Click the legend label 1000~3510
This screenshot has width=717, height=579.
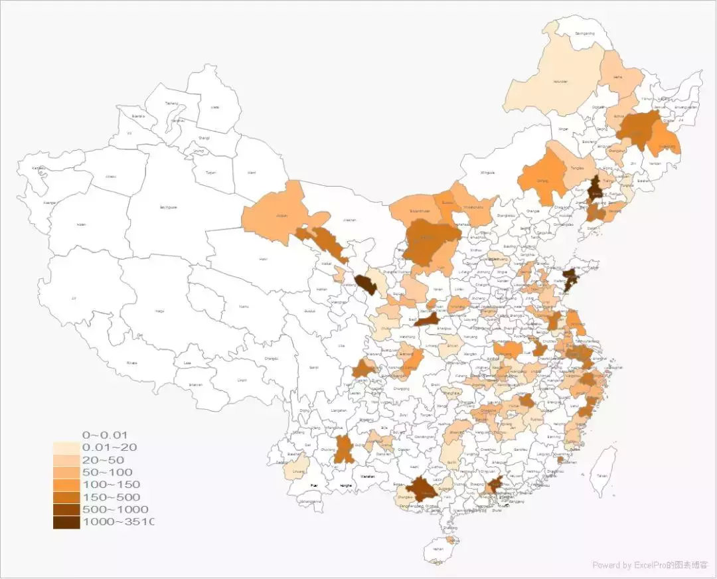pos(117,522)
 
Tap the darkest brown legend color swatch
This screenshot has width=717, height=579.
pos(66,522)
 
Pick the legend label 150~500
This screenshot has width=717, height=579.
pos(113,497)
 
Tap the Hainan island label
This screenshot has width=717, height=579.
pos(438,549)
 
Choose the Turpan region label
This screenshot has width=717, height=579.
pos(210,172)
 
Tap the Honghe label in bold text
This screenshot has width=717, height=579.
pos(345,486)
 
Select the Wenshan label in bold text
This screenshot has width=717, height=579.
pos(367,476)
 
